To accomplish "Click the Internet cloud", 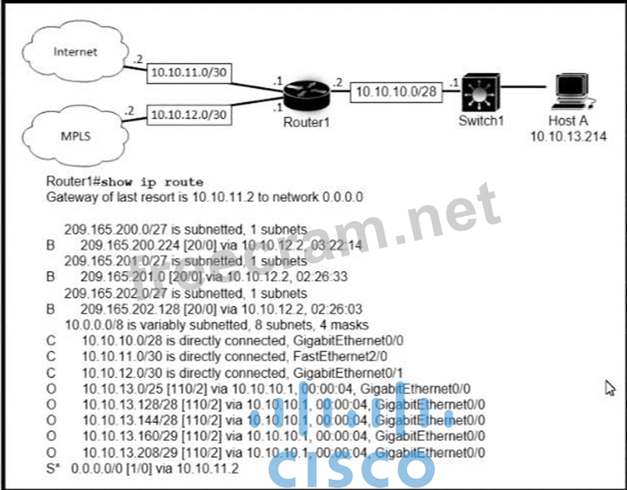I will coord(75,53).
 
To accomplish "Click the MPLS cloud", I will coord(75,136).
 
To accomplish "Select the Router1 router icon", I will coord(306,96).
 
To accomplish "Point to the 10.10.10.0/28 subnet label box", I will coord(395,91).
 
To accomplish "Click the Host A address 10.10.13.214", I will coord(569,136).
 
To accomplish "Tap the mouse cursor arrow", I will coord(611,386).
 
